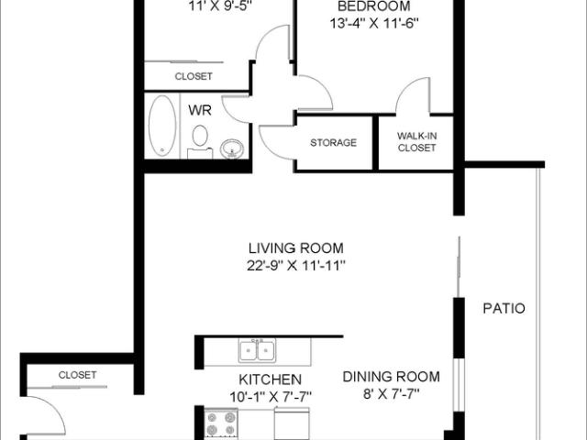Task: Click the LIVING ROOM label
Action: pyautogui.click(x=296, y=247)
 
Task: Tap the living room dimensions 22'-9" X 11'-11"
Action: pyautogui.click(x=296, y=266)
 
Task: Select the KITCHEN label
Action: pyautogui.click(x=271, y=379)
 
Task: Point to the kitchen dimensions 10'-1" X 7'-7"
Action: pyautogui.click(x=271, y=396)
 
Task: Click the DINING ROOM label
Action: pyautogui.click(x=392, y=376)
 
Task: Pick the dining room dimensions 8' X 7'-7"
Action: pyautogui.click(x=392, y=395)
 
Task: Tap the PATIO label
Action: pyautogui.click(x=504, y=308)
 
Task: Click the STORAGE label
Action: pyautogui.click(x=333, y=143)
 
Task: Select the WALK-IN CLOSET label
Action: pyautogui.click(x=416, y=140)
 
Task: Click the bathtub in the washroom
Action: pyautogui.click(x=163, y=126)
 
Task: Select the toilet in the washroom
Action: pyautogui.click(x=199, y=142)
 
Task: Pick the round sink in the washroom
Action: pyautogui.click(x=233, y=148)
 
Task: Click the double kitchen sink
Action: pyautogui.click(x=256, y=350)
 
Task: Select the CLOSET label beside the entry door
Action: pyautogui.click(x=77, y=375)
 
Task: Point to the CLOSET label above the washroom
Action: pyautogui.click(x=194, y=76)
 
